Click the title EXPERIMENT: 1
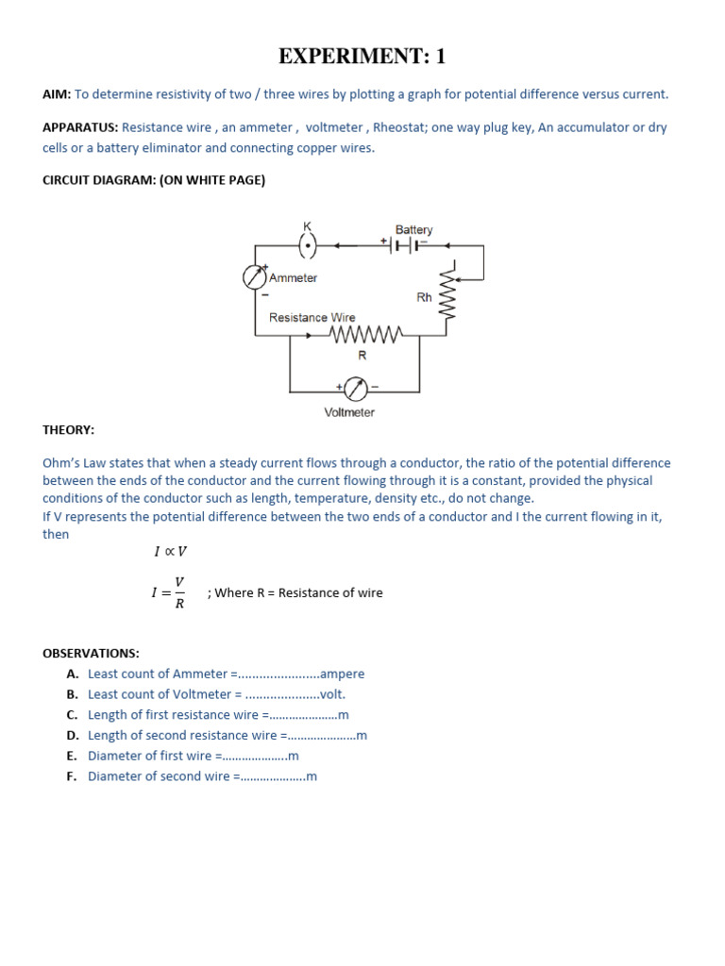coord(362,57)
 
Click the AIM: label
coord(57,94)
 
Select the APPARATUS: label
coord(80,127)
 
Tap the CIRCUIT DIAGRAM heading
coord(154,180)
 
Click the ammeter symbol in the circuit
coord(255,276)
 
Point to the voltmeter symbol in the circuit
coord(355,388)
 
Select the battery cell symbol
coord(405,246)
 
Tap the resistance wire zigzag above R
coord(366,333)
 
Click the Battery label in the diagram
coord(413,230)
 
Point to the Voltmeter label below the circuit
coord(349,412)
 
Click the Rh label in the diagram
coord(424,296)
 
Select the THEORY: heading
coord(68,429)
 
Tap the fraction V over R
coord(179,593)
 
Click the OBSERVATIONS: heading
coord(91,653)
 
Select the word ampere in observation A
coord(342,674)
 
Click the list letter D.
coord(72,735)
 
